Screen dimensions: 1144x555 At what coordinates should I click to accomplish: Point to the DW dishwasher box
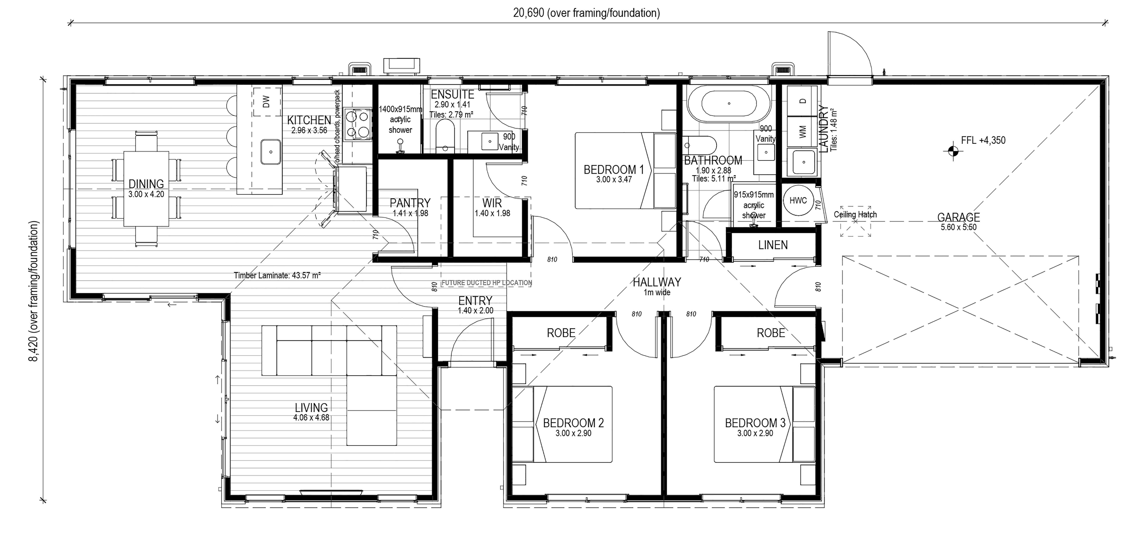pyautogui.click(x=267, y=102)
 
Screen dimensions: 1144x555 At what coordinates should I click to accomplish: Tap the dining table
pyautogui.click(x=146, y=189)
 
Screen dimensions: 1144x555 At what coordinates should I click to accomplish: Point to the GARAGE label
pyautogui.click(x=958, y=217)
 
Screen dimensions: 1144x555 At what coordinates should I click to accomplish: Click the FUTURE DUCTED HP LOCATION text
pyautogui.click(x=487, y=283)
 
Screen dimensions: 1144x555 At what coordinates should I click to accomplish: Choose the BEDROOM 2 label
pyautogui.click(x=573, y=423)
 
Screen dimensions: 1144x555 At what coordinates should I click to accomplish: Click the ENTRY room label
pyautogui.click(x=475, y=301)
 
